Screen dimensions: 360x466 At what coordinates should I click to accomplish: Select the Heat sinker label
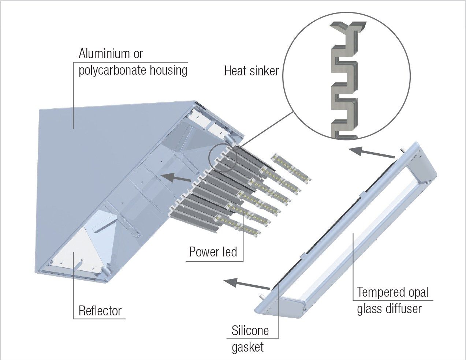[x=251, y=71]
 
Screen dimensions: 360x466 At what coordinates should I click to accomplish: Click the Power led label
[x=213, y=252]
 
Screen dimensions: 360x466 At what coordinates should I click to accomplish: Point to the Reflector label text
[x=100, y=311]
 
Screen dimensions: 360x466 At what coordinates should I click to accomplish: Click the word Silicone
[x=250, y=331]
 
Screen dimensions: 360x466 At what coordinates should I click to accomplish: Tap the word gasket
[x=247, y=346]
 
